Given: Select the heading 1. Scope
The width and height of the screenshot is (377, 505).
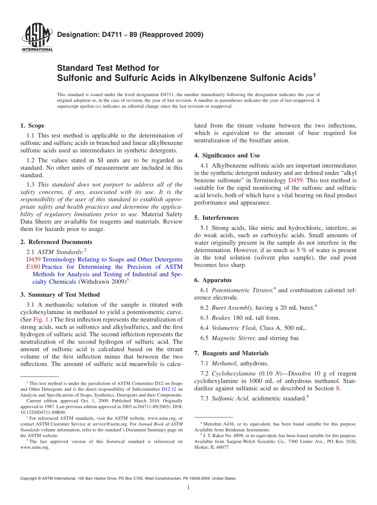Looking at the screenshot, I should click(x=32, y=125).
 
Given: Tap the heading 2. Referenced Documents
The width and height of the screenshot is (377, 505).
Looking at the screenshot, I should click(x=56, y=242).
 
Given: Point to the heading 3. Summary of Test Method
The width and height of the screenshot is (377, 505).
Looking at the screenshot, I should click(x=60, y=295).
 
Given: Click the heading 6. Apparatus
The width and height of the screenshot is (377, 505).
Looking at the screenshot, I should click(x=213, y=280).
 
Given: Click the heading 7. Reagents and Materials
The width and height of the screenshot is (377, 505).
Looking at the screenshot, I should click(x=231, y=353).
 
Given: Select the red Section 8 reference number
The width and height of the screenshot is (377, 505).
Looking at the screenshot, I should click(x=338, y=388).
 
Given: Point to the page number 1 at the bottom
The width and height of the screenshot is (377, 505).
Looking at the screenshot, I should click(x=188, y=488).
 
